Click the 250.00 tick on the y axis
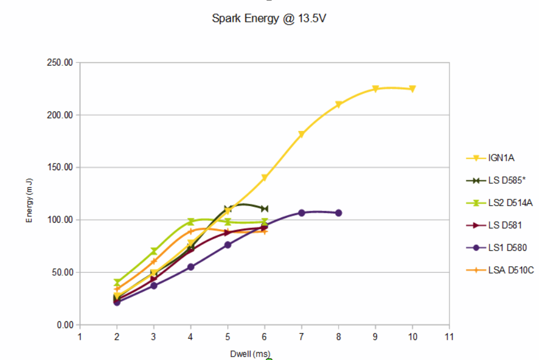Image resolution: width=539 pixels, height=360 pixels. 59,63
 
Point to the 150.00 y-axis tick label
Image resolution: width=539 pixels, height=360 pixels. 59,167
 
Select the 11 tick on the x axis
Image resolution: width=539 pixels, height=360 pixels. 449,337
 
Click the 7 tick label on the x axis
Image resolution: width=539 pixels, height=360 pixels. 302,337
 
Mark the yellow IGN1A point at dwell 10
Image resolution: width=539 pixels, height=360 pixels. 412,89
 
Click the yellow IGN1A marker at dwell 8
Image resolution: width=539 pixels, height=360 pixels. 339,104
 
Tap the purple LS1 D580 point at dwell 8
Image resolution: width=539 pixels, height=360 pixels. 339,213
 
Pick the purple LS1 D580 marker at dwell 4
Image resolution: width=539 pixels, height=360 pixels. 191,267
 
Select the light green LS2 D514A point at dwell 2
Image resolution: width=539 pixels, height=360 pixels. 117,282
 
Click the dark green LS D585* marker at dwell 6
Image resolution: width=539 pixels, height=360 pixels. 264,208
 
